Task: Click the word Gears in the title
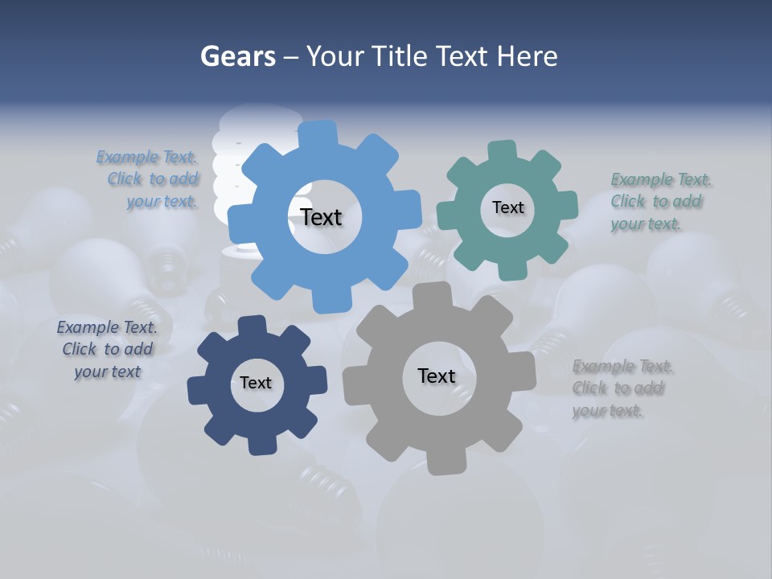(237, 56)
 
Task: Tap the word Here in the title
(527, 56)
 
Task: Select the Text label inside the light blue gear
(321, 217)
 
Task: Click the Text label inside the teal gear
(507, 207)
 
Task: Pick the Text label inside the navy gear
(256, 383)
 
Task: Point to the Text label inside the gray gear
(437, 376)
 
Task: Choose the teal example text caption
(659, 202)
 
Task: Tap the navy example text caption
(107, 349)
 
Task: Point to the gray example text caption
(622, 388)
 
